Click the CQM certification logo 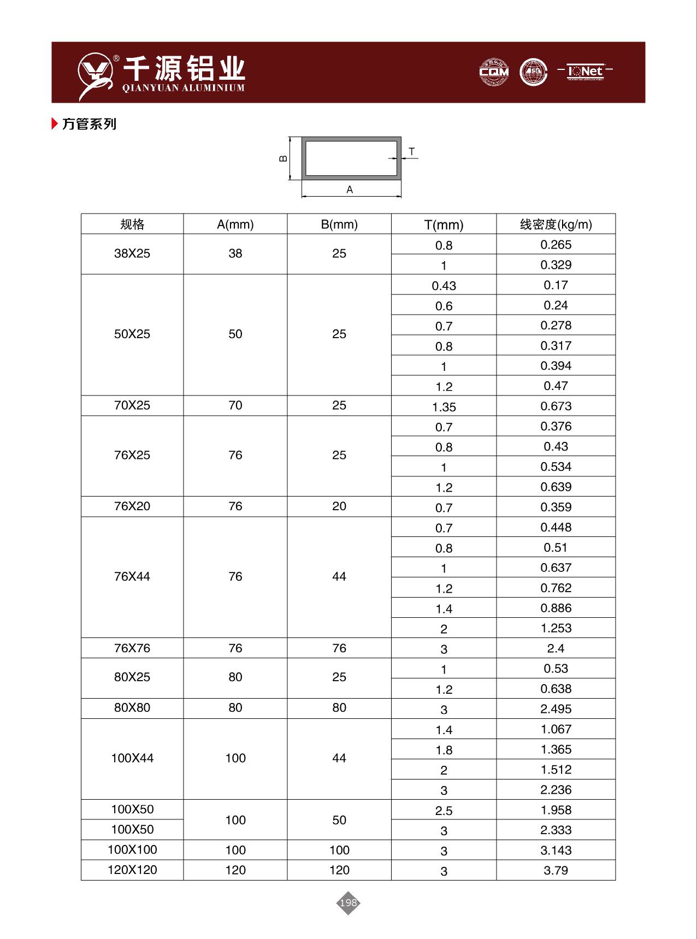tap(494, 72)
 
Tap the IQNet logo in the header tap(585, 71)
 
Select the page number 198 tap(348, 902)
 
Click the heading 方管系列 tap(89, 124)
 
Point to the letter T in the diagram tap(412, 151)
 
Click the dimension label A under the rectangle tap(350, 190)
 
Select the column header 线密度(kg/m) tap(556, 224)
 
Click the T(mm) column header tap(444, 225)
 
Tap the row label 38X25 tap(132, 253)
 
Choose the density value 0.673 tap(556, 406)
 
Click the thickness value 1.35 tap(444, 407)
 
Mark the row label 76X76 tap(132, 648)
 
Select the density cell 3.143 tap(556, 850)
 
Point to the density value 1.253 tap(556, 628)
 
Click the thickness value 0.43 tap(444, 286)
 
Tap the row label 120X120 tap(132, 870)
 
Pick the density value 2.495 tap(556, 708)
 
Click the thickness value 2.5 tap(444, 811)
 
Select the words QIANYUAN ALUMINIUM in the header tap(184, 88)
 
